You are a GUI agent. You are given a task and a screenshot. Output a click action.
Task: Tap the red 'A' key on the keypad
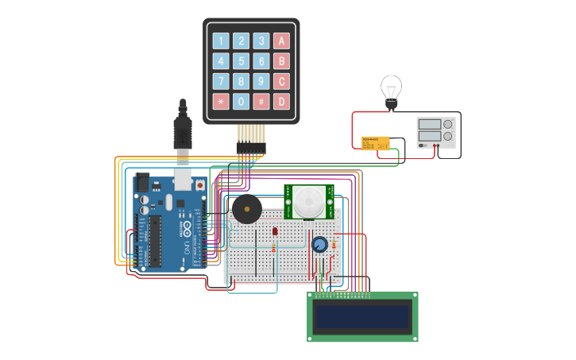pos(281,41)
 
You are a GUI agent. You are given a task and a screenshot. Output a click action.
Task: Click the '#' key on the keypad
pos(261,101)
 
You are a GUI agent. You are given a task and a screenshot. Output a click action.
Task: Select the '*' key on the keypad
pos(221,101)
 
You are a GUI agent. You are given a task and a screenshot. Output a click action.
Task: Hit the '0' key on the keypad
pos(241,101)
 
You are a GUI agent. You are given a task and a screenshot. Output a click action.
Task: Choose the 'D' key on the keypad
pos(281,101)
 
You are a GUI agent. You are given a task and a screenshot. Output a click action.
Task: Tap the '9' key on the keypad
pos(261,81)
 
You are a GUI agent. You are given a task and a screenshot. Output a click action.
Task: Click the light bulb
pos(391,89)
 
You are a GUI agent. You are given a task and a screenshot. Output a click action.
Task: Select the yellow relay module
pos(375,142)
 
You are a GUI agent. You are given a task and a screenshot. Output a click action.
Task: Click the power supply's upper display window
pos(429,124)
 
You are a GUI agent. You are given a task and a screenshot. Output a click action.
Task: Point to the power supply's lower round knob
pos(448,137)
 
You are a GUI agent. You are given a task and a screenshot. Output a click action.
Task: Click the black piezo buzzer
pos(245,211)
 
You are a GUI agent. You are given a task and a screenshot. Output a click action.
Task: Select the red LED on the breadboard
pos(275,231)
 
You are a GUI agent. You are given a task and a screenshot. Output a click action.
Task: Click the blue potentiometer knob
pos(319,245)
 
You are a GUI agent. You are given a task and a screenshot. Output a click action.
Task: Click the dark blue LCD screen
pos(362,317)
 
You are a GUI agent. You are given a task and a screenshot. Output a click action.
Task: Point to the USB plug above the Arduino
pos(183,131)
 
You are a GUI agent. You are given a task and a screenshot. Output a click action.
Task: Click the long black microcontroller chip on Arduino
pos(156,241)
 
